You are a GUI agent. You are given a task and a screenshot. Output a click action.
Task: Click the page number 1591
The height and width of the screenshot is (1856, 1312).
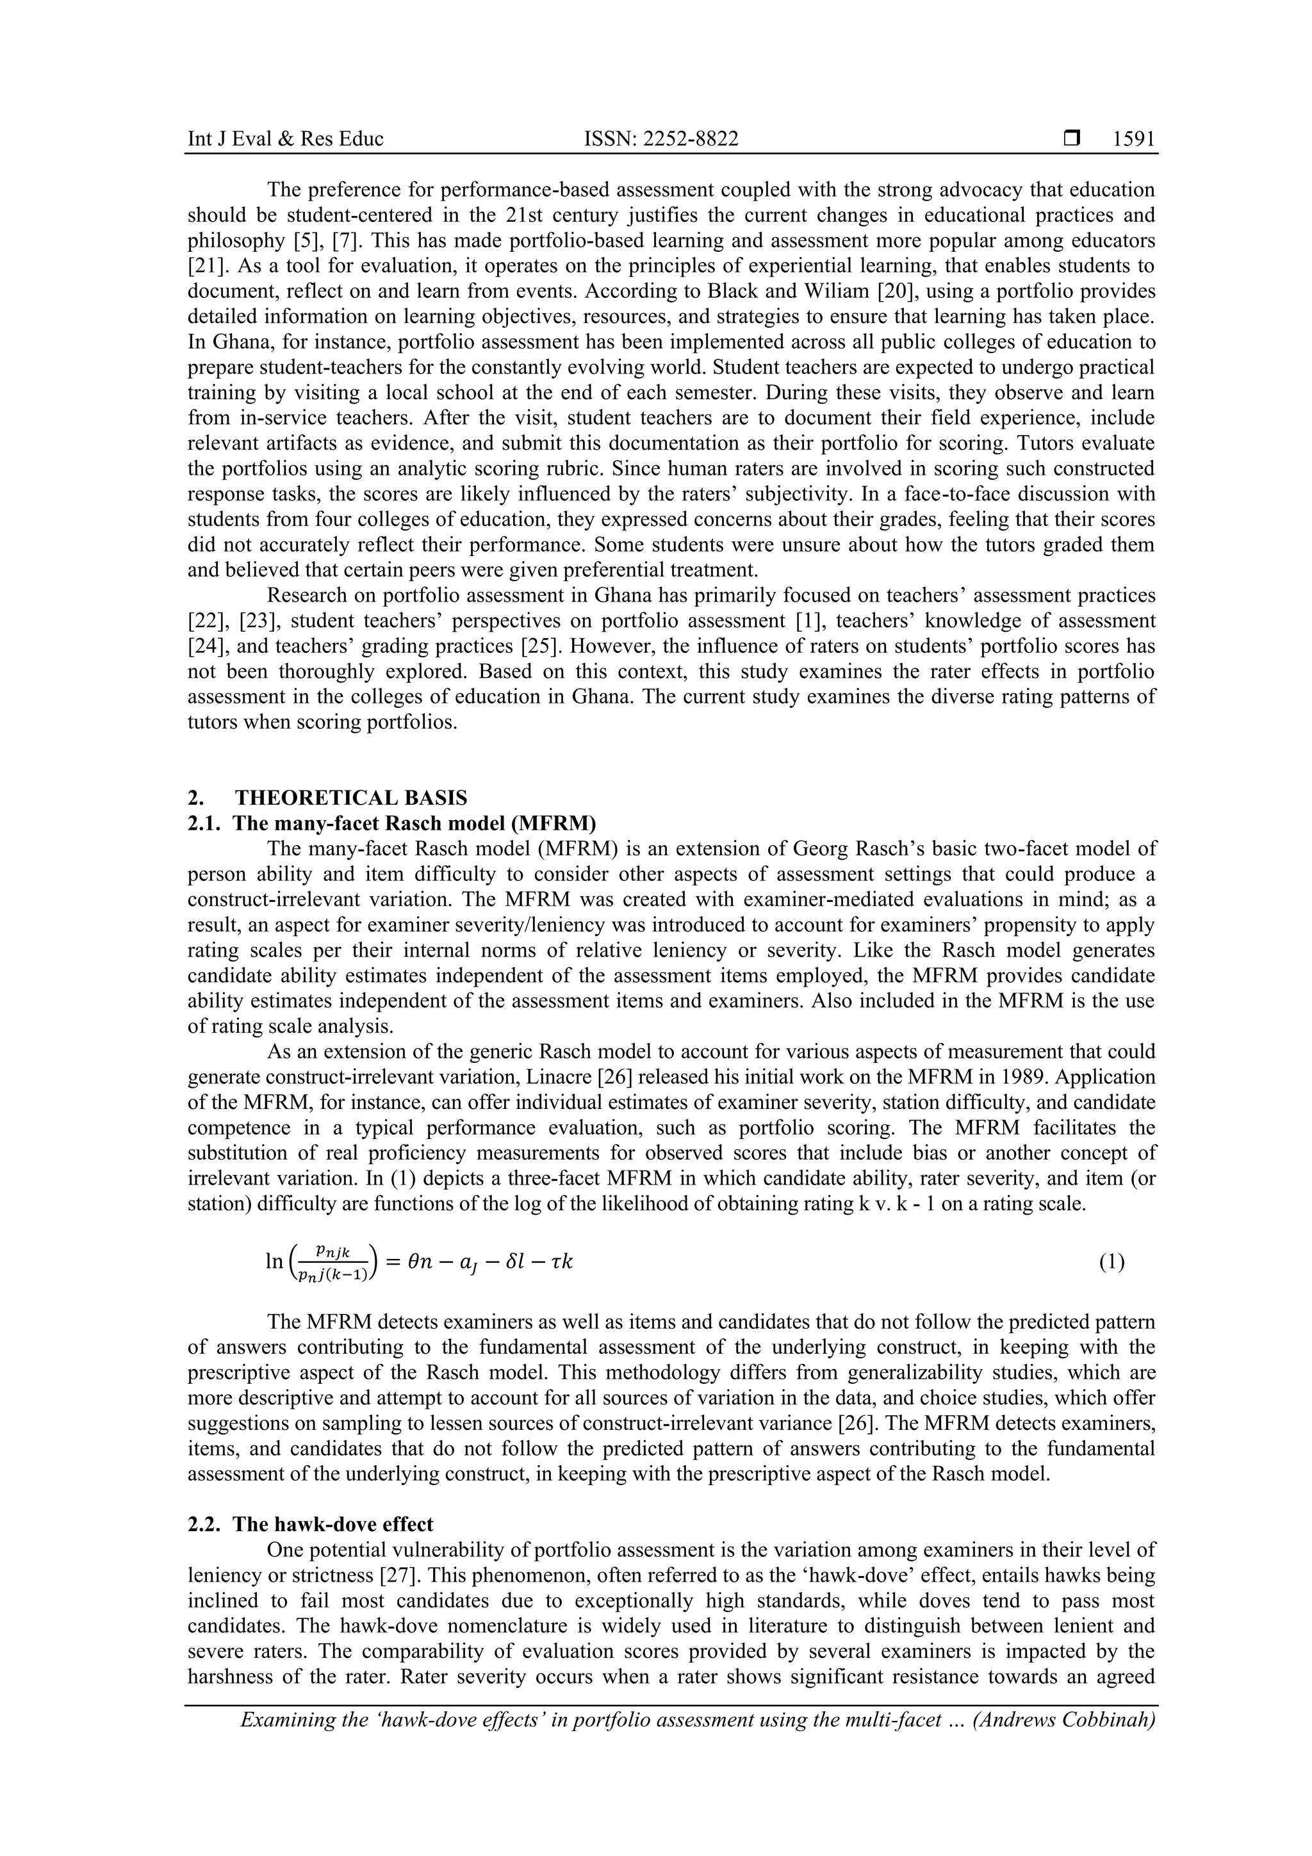(x=1133, y=139)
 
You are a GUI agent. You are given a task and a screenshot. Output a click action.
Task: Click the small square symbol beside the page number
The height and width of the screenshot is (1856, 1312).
(x=1072, y=139)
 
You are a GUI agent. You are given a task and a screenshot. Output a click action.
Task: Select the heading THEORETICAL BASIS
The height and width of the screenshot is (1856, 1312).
(x=351, y=798)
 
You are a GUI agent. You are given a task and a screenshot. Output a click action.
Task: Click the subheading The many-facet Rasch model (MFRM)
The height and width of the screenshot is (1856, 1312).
(x=414, y=824)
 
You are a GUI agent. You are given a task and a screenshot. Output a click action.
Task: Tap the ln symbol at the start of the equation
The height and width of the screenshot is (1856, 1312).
(x=274, y=1261)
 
